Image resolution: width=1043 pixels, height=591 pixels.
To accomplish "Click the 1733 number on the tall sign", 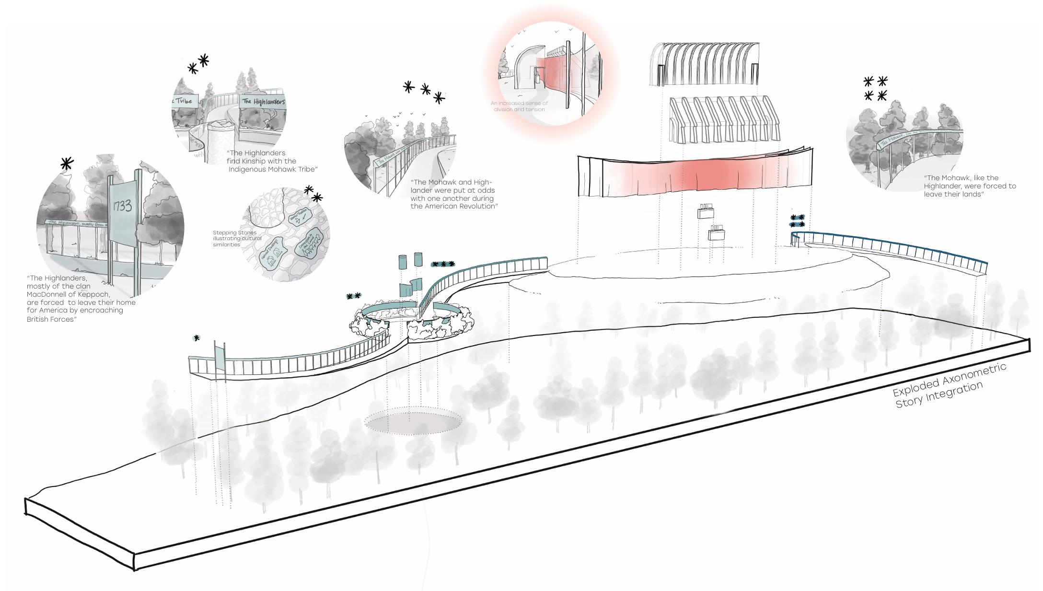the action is click(x=122, y=207).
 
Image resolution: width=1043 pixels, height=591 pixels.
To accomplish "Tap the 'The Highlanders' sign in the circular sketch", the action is click(x=263, y=102).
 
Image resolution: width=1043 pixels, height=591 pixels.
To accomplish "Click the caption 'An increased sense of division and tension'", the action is click(x=519, y=106).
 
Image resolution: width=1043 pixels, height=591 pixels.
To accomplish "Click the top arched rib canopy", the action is click(x=704, y=63).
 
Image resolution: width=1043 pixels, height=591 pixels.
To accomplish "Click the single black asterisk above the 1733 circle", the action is click(x=67, y=163).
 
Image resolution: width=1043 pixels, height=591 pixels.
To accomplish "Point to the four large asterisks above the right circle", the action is click(x=875, y=89).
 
